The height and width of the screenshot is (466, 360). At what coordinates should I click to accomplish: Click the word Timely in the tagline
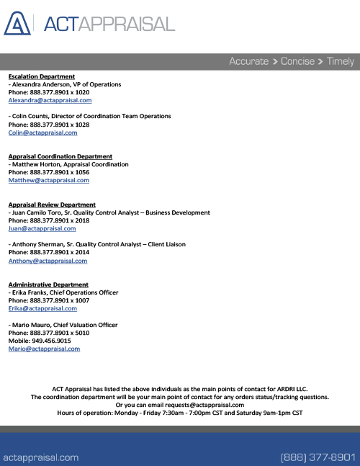coord(341,61)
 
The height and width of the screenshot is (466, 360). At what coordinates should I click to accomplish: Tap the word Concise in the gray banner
coord(297,61)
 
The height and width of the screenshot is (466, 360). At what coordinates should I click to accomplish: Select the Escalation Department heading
coord(42,76)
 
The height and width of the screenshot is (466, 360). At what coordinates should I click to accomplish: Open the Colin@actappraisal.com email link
coord(42,133)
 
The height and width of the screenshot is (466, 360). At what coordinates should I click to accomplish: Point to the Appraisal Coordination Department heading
coord(60,156)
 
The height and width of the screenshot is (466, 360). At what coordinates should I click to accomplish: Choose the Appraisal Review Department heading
coord(52,205)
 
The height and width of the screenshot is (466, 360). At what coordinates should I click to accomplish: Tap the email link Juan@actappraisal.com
coord(42,228)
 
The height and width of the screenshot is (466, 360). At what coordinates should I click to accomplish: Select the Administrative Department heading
coord(48,284)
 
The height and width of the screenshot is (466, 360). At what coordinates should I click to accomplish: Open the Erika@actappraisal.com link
coord(42,308)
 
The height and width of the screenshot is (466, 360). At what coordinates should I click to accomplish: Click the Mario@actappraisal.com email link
coord(44,349)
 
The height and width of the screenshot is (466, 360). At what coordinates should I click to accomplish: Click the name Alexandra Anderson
coord(42,84)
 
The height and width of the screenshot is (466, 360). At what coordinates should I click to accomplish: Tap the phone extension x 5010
coord(79,333)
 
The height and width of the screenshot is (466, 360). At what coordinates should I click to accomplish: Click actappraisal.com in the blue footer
coord(41,457)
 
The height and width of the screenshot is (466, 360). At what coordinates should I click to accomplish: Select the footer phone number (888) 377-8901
coord(318,457)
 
